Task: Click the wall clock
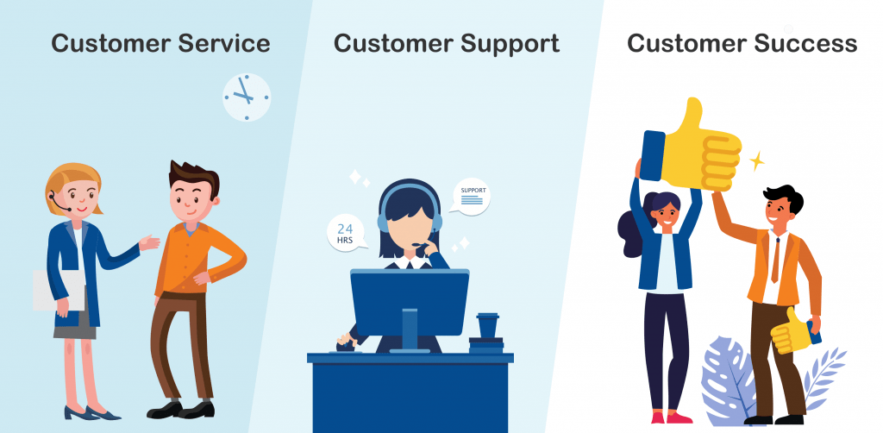click(247, 97)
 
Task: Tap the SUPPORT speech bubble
click(472, 197)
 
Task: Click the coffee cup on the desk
click(487, 325)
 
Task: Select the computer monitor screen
click(410, 303)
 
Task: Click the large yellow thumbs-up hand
click(692, 147)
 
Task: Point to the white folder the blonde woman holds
click(58, 290)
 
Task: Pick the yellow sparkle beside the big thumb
click(756, 161)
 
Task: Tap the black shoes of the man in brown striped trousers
click(181, 410)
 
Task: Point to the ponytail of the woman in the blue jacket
click(630, 234)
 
